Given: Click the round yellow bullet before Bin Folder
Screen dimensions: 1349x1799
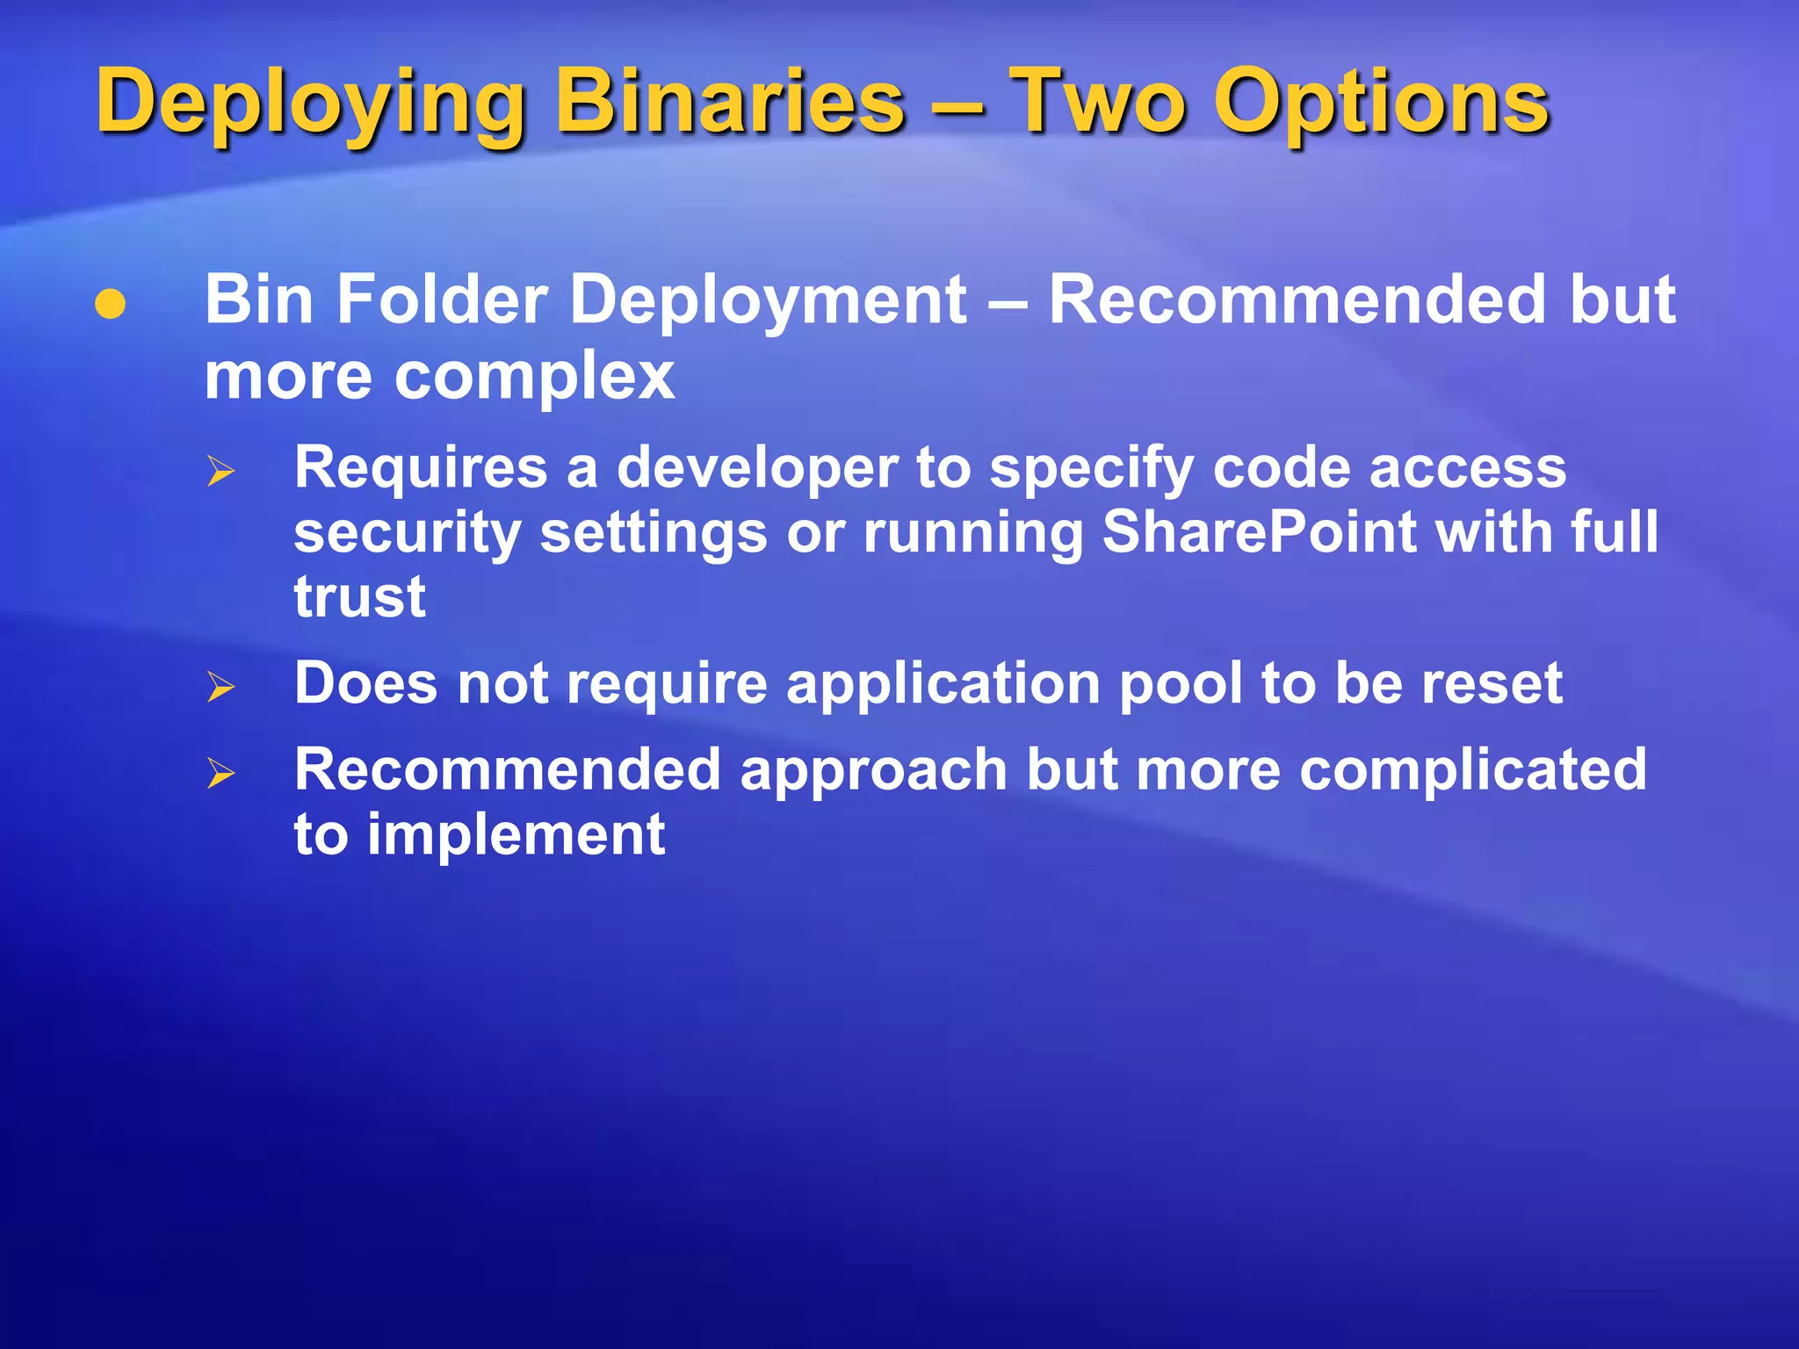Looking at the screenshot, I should click(x=111, y=304).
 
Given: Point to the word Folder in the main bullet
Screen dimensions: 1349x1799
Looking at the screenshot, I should click(x=444, y=300).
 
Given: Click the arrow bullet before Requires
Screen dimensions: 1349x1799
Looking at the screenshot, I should click(x=221, y=472).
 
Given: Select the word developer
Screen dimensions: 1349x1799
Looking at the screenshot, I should click(x=756, y=469).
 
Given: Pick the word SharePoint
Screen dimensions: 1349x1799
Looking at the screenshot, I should click(x=1259, y=532).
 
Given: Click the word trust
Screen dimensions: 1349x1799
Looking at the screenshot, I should click(x=359, y=597).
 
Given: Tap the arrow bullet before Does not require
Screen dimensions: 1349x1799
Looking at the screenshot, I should click(x=221, y=686).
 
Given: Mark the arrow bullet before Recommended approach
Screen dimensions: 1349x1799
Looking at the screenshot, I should click(x=221, y=773).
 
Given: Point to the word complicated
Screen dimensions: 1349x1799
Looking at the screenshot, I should click(x=1472, y=770).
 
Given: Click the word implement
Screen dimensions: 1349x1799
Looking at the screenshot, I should click(x=516, y=835).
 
